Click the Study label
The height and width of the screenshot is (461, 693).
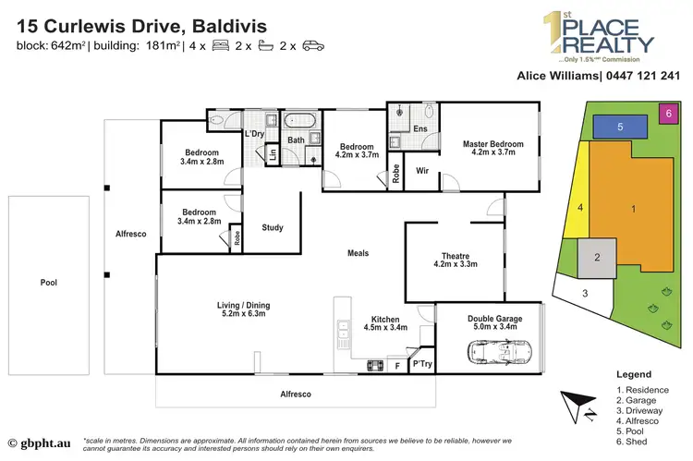click(273, 228)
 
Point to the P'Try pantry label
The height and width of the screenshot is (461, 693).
click(424, 364)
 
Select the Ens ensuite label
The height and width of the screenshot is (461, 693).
click(419, 129)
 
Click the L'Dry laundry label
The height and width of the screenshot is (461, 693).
click(254, 135)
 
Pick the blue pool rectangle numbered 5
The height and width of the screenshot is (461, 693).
click(621, 126)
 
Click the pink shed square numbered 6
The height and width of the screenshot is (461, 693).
click(668, 112)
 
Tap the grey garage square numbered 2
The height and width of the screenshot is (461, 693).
click(598, 257)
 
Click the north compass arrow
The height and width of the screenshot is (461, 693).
click(575, 406)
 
